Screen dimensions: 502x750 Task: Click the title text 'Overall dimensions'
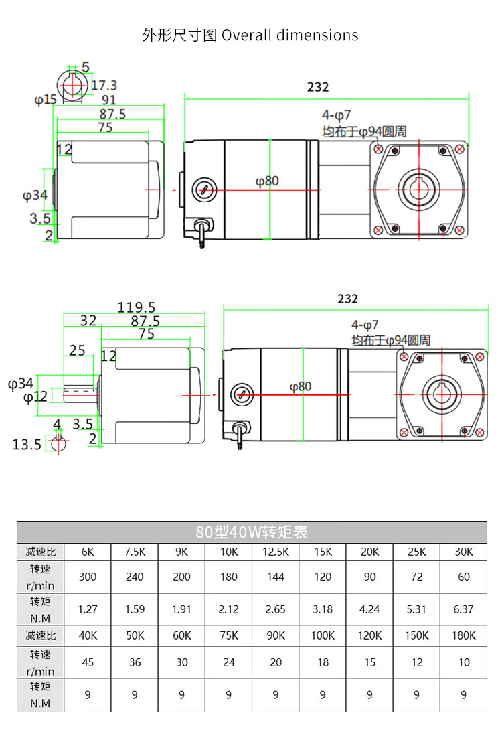pyautogui.click(x=290, y=35)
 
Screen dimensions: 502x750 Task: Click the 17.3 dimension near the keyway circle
pyautogui.click(x=104, y=85)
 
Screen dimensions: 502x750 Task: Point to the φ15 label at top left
pyautogui.click(x=46, y=100)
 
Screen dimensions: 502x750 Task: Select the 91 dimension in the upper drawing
pyautogui.click(x=109, y=100)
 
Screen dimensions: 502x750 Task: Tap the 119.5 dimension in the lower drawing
pyautogui.click(x=137, y=307)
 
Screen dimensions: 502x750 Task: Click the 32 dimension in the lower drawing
pyautogui.click(x=88, y=321)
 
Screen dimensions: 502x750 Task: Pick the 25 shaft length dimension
pyautogui.click(x=77, y=350)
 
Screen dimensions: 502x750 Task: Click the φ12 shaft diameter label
pyautogui.click(x=35, y=397)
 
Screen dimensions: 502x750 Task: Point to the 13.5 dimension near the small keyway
pyautogui.click(x=27, y=445)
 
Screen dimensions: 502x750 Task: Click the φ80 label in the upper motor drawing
pyautogui.click(x=267, y=181)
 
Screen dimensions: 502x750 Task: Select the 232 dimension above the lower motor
pyautogui.click(x=347, y=299)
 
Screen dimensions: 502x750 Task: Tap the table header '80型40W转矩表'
pyautogui.click(x=252, y=532)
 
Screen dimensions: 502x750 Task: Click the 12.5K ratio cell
pyautogui.click(x=276, y=552)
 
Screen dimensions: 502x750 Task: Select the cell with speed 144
pyautogui.click(x=276, y=577)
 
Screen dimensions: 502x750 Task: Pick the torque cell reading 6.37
pyautogui.click(x=463, y=609)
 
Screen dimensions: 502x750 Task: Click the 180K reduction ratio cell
pyautogui.click(x=464, y=635)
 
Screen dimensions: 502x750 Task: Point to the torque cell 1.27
pyautogui.click(x=88, y=609)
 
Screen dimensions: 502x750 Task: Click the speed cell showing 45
pyautogui.click(x=88, y=662)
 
